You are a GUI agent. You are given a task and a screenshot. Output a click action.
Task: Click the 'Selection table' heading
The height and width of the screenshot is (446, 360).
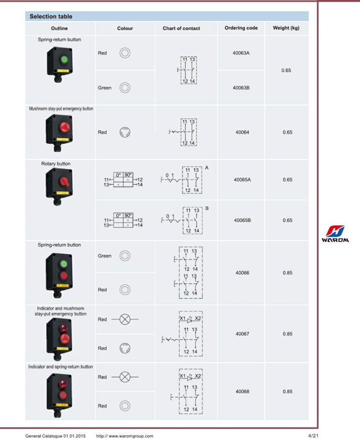click(51, 17)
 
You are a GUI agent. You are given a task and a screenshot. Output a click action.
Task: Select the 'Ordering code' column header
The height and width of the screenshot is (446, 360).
click(241, 28)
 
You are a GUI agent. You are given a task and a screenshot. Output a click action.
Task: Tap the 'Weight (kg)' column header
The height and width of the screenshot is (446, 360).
click(286, 28)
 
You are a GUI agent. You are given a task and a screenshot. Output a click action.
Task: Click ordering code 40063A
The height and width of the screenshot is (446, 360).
click(241, 53)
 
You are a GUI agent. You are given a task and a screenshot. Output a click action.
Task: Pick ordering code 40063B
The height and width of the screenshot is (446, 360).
click(241, 88)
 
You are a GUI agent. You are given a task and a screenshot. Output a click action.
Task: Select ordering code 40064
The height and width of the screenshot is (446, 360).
click(242, 132)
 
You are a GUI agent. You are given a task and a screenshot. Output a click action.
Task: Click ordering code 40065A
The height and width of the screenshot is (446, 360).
click(242, 179)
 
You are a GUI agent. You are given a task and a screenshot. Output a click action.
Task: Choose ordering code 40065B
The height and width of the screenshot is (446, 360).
click(242, 220)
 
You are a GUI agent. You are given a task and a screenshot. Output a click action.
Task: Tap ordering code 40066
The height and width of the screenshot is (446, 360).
click(242, 273)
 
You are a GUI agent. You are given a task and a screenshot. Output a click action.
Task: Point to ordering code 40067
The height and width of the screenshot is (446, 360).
click(242, 334)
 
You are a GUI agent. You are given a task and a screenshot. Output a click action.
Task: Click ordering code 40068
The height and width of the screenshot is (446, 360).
click(242, 392)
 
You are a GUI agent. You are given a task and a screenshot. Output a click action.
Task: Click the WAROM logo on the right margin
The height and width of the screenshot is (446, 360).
click(335, 234)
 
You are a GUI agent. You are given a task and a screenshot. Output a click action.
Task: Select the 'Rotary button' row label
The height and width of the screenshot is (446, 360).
click(56, 164)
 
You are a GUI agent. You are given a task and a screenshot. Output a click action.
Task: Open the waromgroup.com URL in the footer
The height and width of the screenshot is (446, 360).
click(125, 436)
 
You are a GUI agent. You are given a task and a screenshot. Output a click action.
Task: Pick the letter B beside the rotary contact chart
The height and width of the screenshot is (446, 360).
click(207, 209)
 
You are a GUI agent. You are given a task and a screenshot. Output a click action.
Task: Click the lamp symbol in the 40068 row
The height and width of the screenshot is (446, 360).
click(125, 377)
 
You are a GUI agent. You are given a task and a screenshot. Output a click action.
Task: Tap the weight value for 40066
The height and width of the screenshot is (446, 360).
click(287, 273)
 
